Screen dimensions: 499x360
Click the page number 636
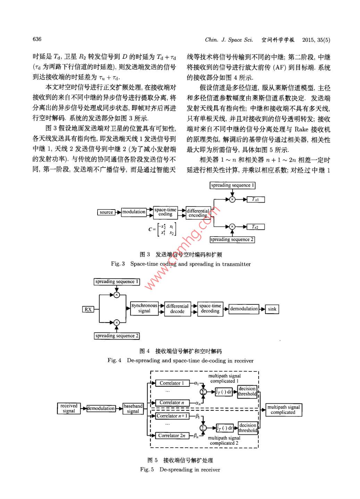pyautogui.click(x=37, y=39)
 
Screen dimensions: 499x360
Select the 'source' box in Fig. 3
pyautogui.click(x=106, y=212)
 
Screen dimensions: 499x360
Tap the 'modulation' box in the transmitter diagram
pyautogui.click(x=134, y=212)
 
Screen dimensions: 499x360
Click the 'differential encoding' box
pyautogui.click(x=198, y=213)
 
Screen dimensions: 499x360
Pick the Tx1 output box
pyautogui.click(x=255, y=199)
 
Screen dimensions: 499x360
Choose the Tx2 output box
pyautogui.click(x=255, y=227)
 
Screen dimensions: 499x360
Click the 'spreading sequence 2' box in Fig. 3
pyautogui.click(x=232, y=239)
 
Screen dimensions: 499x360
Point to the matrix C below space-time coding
pyautogui.click(x=164, y=229)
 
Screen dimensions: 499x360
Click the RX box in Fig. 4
pyautogui.click(x=88, y=309)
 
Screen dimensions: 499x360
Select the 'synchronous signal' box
pyautogui.click(x=144, y=308)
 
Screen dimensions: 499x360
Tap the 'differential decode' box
pyautogui.click(x=177, y=309)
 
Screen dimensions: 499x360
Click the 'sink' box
pyautogui.click(x=272, y=309)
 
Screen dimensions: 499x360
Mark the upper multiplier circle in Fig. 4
pyautogui.click(x=117, y=295)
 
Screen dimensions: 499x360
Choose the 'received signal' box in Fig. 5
pyautogui.click(x=69, y=408)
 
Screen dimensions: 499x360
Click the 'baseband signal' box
pyautogui.click(x=133, y=408)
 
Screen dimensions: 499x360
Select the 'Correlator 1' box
pyautogui.click(x=172, y=383)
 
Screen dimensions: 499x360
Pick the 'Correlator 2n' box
pyautogui.click(x=172, y=435)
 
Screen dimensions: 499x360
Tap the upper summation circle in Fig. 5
pyautogui.click(x=203, y=392)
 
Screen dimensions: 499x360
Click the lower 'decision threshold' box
pyautogui.click(x=248, y=428)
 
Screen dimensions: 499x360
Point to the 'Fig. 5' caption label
pyautogui.click(x=147, y=469)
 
